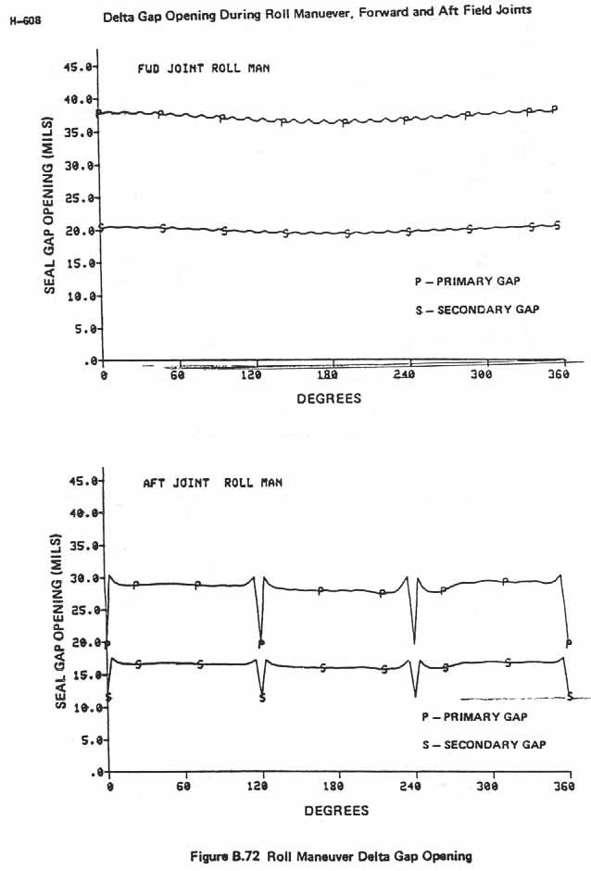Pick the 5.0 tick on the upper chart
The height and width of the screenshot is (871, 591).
click(x=82, y=328)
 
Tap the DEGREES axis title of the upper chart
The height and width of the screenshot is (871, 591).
click(x=329, y=398)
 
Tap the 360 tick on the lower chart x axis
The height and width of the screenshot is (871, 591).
click(x=563, y=787)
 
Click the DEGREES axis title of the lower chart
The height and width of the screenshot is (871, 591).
click(x=336, y=810)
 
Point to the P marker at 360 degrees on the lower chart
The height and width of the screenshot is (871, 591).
click(x=569, y=642)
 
